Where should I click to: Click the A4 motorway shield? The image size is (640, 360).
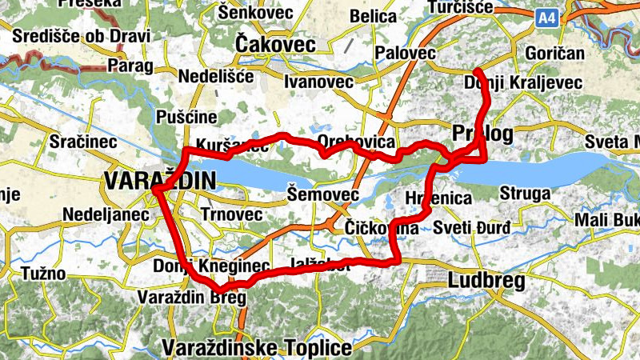(x=548, y=18)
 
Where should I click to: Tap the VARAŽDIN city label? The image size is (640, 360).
(x=159, y=182)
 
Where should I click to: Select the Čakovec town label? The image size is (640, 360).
(x=276, y=45)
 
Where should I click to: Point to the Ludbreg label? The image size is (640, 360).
(x=486, y=281)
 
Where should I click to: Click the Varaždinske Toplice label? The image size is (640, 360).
(x=257, y=348)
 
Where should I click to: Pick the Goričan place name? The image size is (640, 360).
(x=555, y=54)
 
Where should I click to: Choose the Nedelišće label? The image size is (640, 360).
(x=216, y=77)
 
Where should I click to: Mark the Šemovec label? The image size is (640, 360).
(x=322, y=194)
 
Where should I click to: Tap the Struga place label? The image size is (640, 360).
(x=525, y=194)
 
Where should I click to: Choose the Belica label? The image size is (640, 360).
(x=373, y=16)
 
